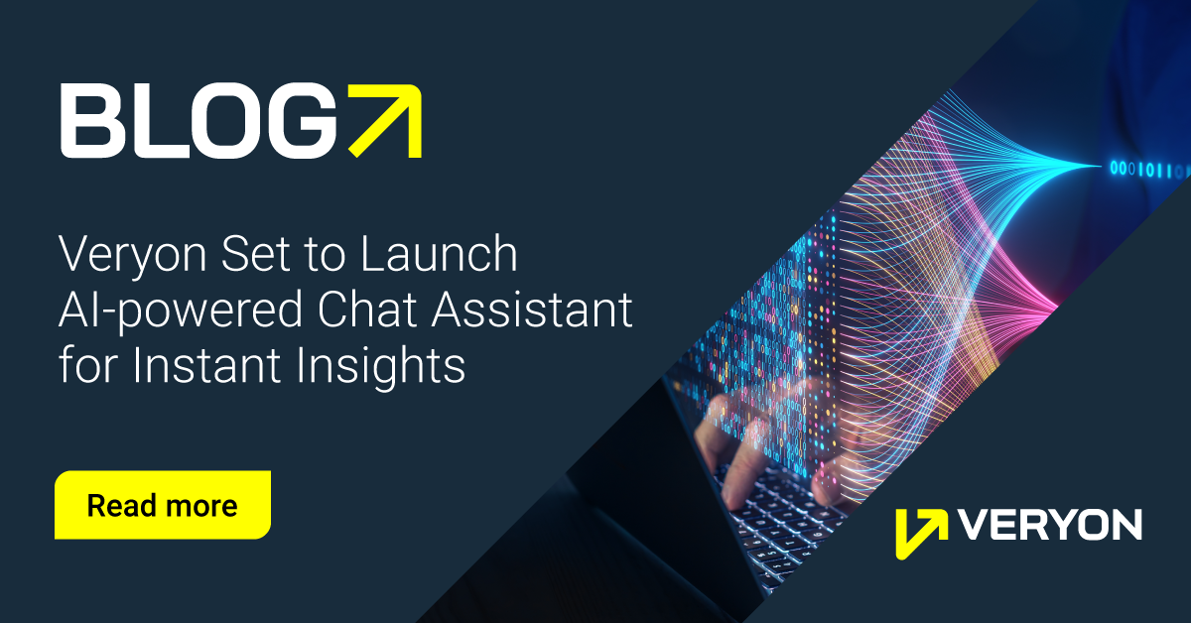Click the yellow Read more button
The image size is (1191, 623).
coord(163,505)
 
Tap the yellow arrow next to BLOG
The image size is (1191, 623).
coord(386,120)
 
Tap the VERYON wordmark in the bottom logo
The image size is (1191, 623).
coord(1051,526)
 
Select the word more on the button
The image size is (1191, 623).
coord(200,506)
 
